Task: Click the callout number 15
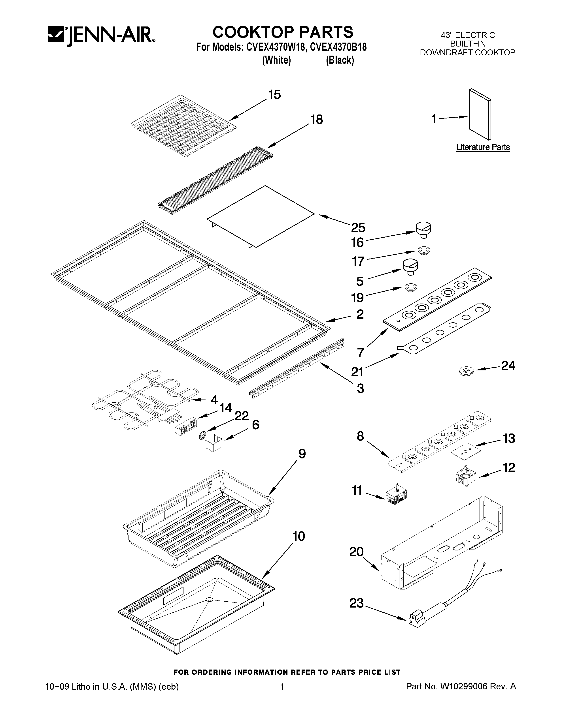[x=274, y=95]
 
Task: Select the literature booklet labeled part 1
[x=480, y=114]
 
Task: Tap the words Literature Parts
[x=483, y=147]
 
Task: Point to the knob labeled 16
[x=423, y=230]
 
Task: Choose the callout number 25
[x=358, y=228]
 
